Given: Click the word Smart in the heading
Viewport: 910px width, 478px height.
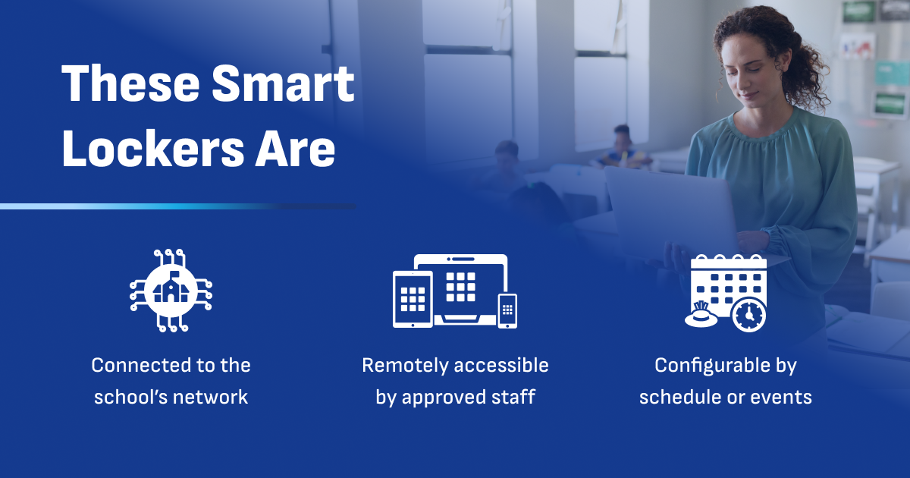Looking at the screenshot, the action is [283, 83].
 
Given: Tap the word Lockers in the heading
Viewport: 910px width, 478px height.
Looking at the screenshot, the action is [153, 149].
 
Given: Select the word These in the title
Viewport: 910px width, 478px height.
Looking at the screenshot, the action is [130, 83].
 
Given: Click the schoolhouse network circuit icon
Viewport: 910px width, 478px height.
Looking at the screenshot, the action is [171, 291].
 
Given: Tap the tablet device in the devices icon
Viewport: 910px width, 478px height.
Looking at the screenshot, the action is [413, 299].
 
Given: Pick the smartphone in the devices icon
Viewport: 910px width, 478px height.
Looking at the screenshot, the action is [507, 311].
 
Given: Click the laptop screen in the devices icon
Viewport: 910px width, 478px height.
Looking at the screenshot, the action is [461, 285].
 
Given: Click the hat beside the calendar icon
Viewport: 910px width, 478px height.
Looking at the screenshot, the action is [701, 315].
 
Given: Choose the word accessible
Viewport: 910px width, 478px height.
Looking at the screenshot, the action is [501, 365].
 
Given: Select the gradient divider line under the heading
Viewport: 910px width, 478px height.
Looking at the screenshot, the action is [178, 206].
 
